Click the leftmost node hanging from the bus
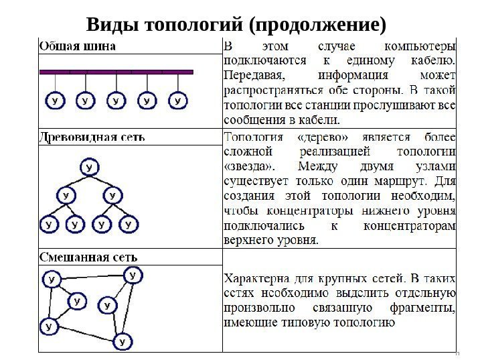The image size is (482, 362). pos(54,101)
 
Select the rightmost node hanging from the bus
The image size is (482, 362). pos(177,101)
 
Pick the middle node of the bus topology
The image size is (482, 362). pos(116,101)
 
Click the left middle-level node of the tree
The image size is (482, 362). pos(65,196)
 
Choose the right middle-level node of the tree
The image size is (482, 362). pos(112,196)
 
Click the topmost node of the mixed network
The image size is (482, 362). pos(133,274)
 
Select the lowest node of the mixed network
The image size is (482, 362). pos(121,342)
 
